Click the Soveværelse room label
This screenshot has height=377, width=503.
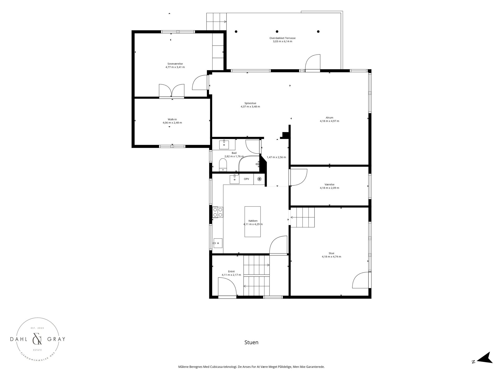coord(175,64)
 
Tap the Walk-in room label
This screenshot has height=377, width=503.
coord(172,119)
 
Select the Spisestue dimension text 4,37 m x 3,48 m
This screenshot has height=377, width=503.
coord(250,107)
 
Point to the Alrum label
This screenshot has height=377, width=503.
coord(329,118)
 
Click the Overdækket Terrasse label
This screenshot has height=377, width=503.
coord(282,38)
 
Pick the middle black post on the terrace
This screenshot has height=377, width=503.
coord(277,31)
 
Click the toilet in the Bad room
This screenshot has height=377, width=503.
coord(223,165)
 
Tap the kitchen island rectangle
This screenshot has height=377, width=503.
coord(253,221)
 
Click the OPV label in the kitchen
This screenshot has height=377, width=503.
coord(247,179)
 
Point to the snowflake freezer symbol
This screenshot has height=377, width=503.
coord(259,179)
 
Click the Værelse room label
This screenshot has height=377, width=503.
coord(329,184)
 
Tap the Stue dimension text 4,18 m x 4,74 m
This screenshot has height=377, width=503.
coord(331,257)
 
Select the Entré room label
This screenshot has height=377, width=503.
coord(231,271)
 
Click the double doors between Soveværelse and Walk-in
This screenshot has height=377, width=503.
coord(172,91)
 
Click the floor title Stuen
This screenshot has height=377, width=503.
coord(251,342)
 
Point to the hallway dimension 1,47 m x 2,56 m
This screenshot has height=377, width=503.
coord(276,157)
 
